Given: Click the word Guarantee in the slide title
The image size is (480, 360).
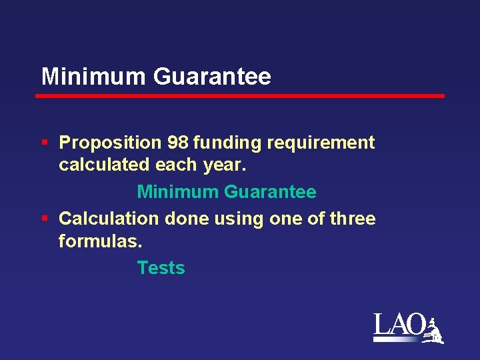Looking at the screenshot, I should click(212, 77).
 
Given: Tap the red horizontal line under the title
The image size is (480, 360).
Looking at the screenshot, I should click(240, 96).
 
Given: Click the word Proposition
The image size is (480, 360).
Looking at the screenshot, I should click(110, 143).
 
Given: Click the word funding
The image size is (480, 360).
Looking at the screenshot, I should click(227, 143).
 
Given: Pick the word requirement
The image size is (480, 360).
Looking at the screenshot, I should click(321, 143).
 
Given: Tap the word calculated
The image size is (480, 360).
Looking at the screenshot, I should click(97, 164).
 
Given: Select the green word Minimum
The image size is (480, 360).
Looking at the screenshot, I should click(177, 192).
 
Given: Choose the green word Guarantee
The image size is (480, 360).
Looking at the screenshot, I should click(270, 192).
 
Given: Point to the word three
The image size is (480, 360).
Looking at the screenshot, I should click(353, 219).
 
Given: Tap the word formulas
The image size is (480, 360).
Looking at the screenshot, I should click(100, 241).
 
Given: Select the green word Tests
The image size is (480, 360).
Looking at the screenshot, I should click(161, 268).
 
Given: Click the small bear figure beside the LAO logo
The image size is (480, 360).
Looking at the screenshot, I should click(435, 331).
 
